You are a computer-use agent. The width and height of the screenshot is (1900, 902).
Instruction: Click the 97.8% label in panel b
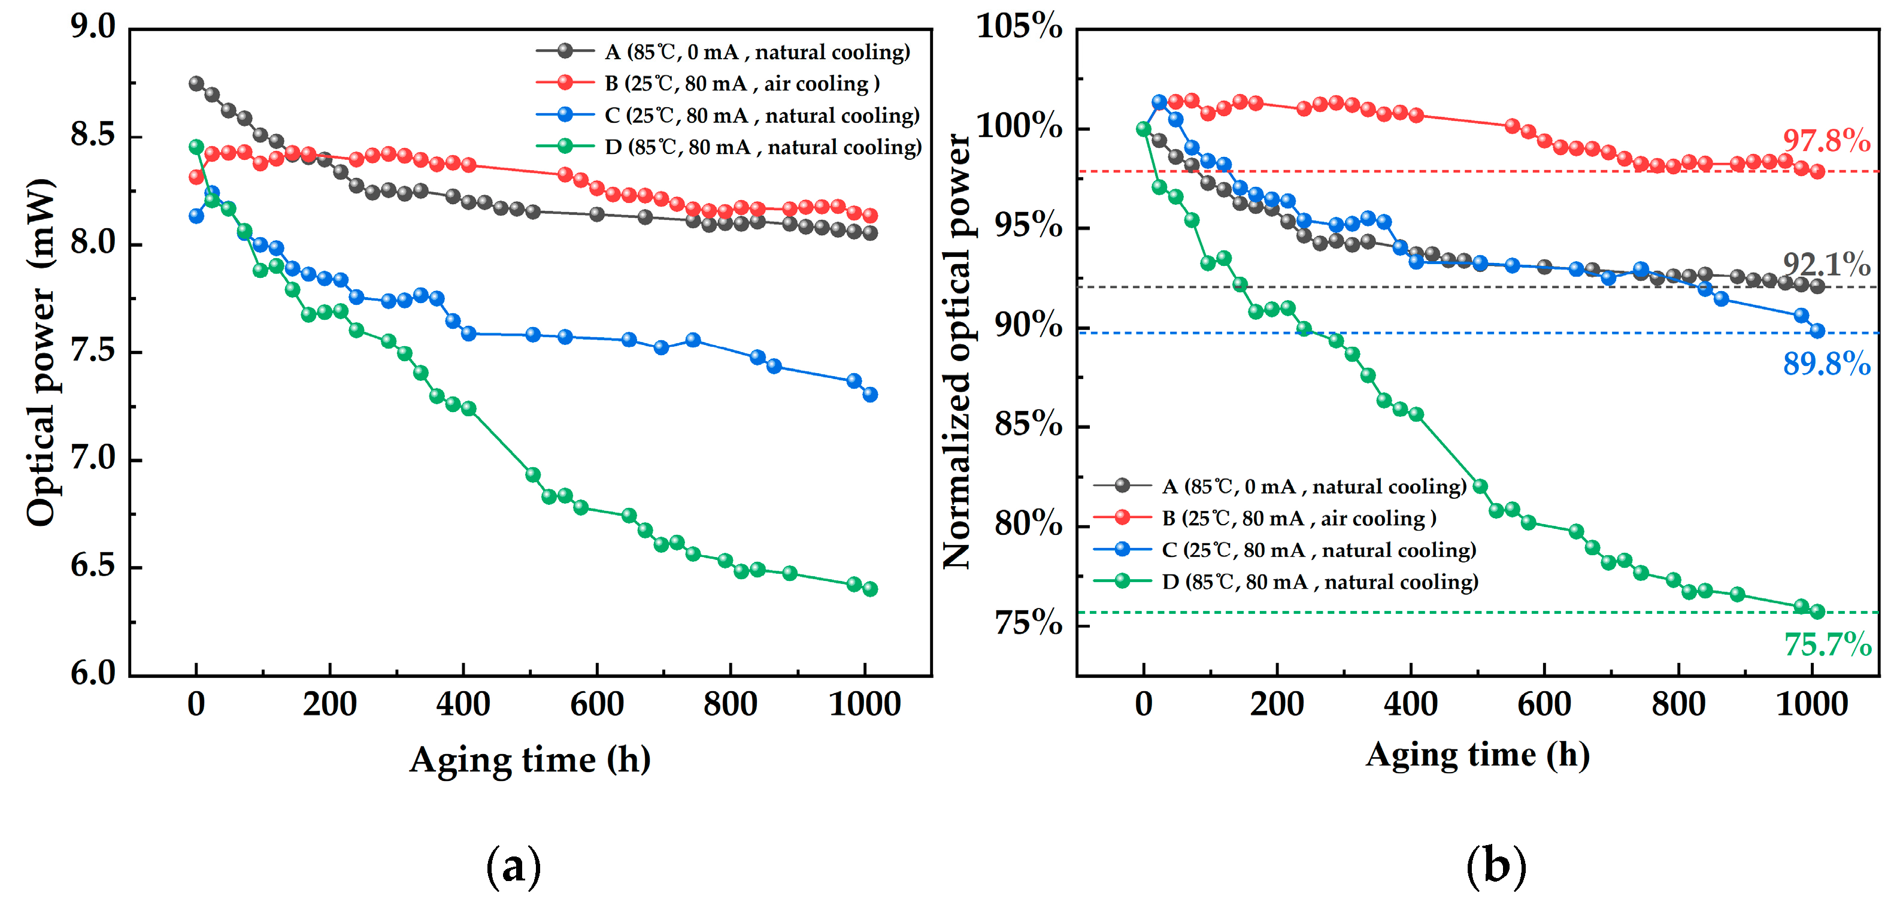click(1826, 140)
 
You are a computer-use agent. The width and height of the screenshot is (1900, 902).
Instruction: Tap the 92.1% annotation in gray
click(1826, 264)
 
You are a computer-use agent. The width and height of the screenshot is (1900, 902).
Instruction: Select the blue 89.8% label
click(1826, 364)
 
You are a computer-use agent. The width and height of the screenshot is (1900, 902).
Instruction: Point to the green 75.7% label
click(1828, 644)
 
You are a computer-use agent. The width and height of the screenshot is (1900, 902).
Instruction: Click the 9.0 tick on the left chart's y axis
click(93, 28)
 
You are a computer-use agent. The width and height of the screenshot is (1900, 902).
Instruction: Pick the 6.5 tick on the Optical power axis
click(93, 567)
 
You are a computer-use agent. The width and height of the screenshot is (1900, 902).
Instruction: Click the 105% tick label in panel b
click(1019, 28)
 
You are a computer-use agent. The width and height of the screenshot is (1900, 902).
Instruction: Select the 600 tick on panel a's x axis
click(596, 704)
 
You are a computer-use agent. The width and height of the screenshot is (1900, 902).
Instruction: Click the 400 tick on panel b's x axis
click(1410, 704)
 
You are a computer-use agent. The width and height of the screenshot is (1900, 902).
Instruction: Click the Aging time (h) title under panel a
click(529, 759)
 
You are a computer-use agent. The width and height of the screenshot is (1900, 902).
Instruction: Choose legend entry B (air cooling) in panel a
click(741, 83)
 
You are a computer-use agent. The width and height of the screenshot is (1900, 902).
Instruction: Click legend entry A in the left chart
click(757, 52)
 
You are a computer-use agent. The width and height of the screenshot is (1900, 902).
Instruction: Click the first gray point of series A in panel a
click(196, 83)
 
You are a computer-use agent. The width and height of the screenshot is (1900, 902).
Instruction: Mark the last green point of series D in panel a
click(869, 589)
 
